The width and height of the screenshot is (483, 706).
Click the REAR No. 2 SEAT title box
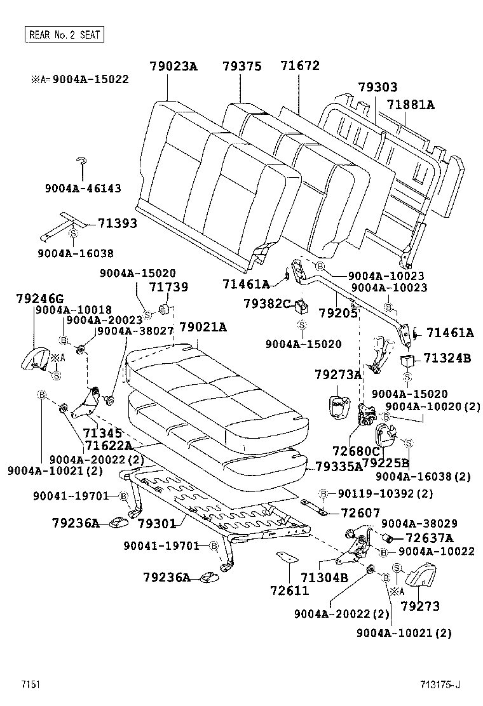click(x=64, y=34)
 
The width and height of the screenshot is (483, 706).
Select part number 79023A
click(x=174, y=66)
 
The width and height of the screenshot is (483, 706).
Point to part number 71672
click(x=300, y=66)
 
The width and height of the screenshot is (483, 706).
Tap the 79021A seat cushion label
click(x=203, y=327)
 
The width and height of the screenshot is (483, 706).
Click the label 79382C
click(x=267, y=303)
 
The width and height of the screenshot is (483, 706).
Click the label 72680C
click(x=356, y=451)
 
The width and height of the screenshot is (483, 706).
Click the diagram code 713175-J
click(x=439, y=684)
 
